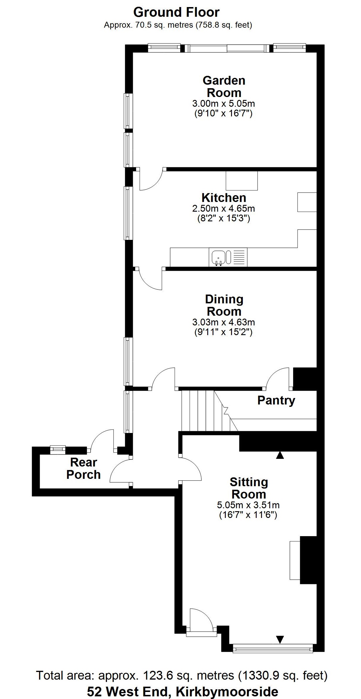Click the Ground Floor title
pos(176,12)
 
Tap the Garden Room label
pos(224,86)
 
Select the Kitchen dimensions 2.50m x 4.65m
pos(223,209)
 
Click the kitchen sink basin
pos(218,257)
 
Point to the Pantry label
pos(276,400)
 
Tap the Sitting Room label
pos(249,488)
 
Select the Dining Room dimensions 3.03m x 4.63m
pos(223,322)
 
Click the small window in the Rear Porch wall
pos(58,450)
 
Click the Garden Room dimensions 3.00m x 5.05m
pos(223,103)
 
